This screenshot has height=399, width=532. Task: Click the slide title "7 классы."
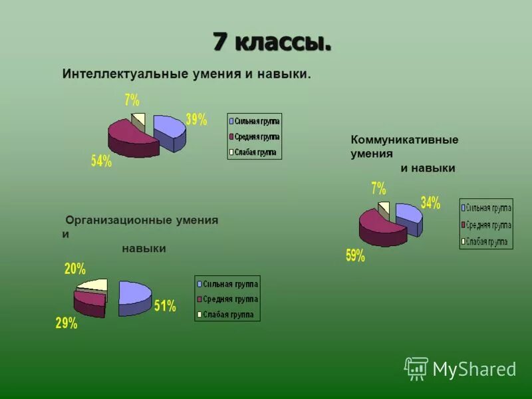[272, 42]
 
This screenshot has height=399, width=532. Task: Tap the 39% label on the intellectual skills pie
[196, 120]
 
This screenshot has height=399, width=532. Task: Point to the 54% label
[101, 161]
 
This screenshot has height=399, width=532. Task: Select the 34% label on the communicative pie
[430, 203]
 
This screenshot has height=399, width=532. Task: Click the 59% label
[355, 255]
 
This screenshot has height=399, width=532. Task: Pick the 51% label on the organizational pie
[165, 306]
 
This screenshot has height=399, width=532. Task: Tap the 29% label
[66, 324]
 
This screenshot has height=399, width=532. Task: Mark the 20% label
[74, 269]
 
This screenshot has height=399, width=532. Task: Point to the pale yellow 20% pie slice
[94, 285]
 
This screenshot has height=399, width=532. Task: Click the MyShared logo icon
[416, 368]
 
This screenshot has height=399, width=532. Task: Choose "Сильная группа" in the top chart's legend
[255, 121]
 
